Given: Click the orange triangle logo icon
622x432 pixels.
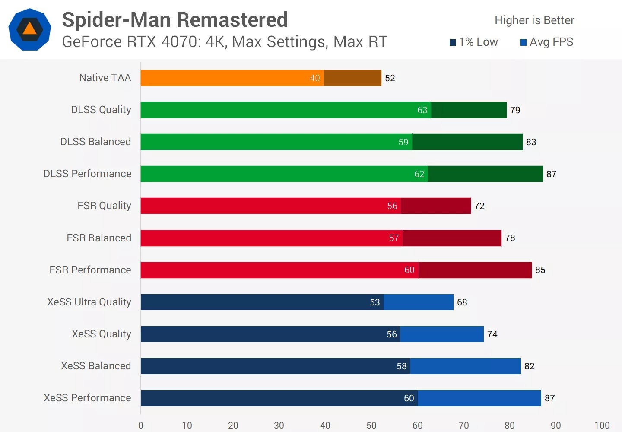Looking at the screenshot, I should coord(29,29).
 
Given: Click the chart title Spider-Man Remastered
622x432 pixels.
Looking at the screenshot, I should coord(175,20).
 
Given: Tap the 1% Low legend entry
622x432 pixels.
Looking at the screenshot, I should coord(474,42).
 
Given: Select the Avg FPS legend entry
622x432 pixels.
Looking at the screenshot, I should coord(547,42).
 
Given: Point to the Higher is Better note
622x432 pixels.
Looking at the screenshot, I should coord(534,20).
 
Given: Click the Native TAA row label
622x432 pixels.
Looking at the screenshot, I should coord(105,78).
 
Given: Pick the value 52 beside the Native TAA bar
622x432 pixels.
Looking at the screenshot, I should coord(390,78).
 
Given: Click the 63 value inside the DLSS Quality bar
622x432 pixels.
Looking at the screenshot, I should coord(422,110).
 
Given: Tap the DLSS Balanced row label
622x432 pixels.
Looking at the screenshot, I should coord(95,142).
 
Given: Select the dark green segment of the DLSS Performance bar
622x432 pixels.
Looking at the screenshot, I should coord(485,174).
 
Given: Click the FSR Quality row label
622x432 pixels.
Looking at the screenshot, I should coord(104,206).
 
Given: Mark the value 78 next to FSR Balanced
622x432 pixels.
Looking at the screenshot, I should coord(510,238).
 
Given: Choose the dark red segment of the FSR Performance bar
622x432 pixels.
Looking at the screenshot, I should coord(475,270).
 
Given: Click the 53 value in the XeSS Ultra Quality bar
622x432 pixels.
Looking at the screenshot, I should coord(374,302).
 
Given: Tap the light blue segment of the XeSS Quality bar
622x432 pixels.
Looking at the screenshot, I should coord(442,334).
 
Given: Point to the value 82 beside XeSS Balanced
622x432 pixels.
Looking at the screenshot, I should coord(529,366).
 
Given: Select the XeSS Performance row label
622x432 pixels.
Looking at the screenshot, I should coord(87,398).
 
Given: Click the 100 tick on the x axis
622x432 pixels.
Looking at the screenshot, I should coord(602,426).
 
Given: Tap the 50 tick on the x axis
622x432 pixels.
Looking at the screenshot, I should coord(371,426).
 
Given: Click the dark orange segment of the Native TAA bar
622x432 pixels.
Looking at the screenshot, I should coord(352,78).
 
